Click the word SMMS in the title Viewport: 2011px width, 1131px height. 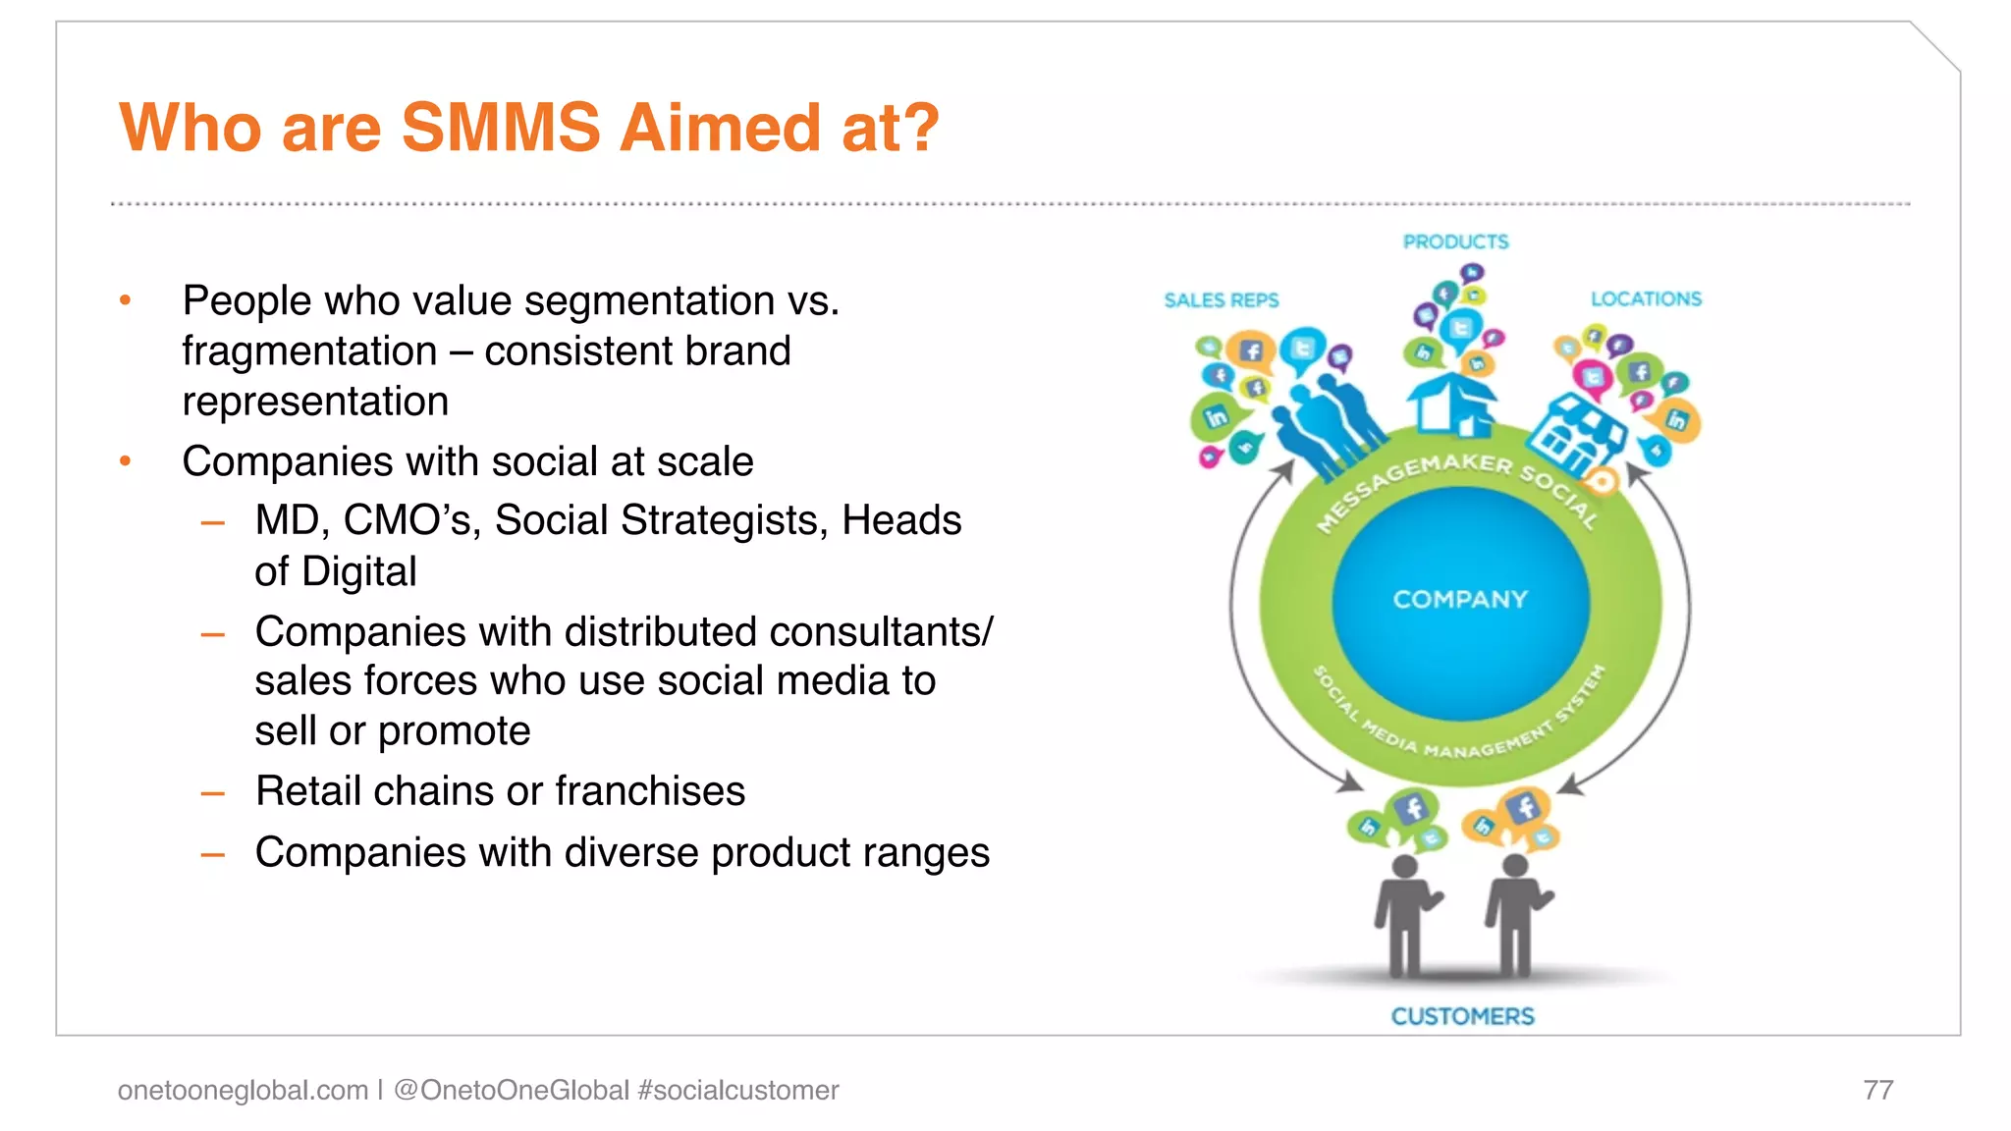coord(501,128)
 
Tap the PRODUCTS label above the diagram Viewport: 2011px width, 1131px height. coord(1455,242)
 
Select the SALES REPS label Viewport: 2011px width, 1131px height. coord(1221,300)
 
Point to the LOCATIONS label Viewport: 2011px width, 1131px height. coord(1646,298)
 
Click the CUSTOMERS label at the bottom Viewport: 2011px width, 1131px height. coord(1462,1016)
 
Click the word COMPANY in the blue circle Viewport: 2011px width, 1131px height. coord(1460,599)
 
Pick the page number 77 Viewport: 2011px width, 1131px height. coord(1877,1090)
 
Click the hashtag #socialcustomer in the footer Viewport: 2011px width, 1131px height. coord(737,1090)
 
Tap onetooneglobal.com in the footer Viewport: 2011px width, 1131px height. coord(243,1090)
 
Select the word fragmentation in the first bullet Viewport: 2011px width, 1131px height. coord(309,351)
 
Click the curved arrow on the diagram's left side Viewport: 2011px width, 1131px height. coord(1239,628)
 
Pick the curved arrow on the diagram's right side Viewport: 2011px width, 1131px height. coord(1684,628)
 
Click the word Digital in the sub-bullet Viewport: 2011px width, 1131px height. coord(358,571)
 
